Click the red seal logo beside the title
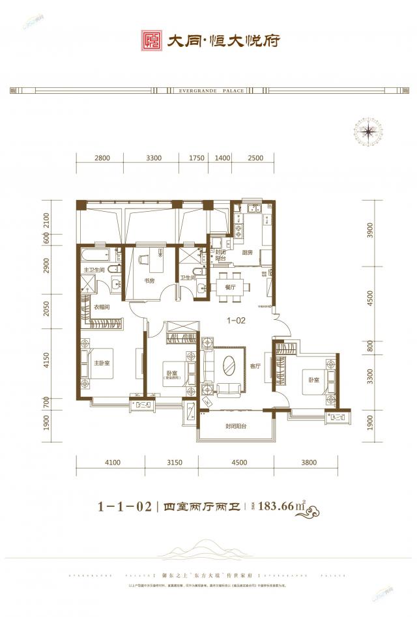(152, 40)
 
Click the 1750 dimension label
(197, 158)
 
